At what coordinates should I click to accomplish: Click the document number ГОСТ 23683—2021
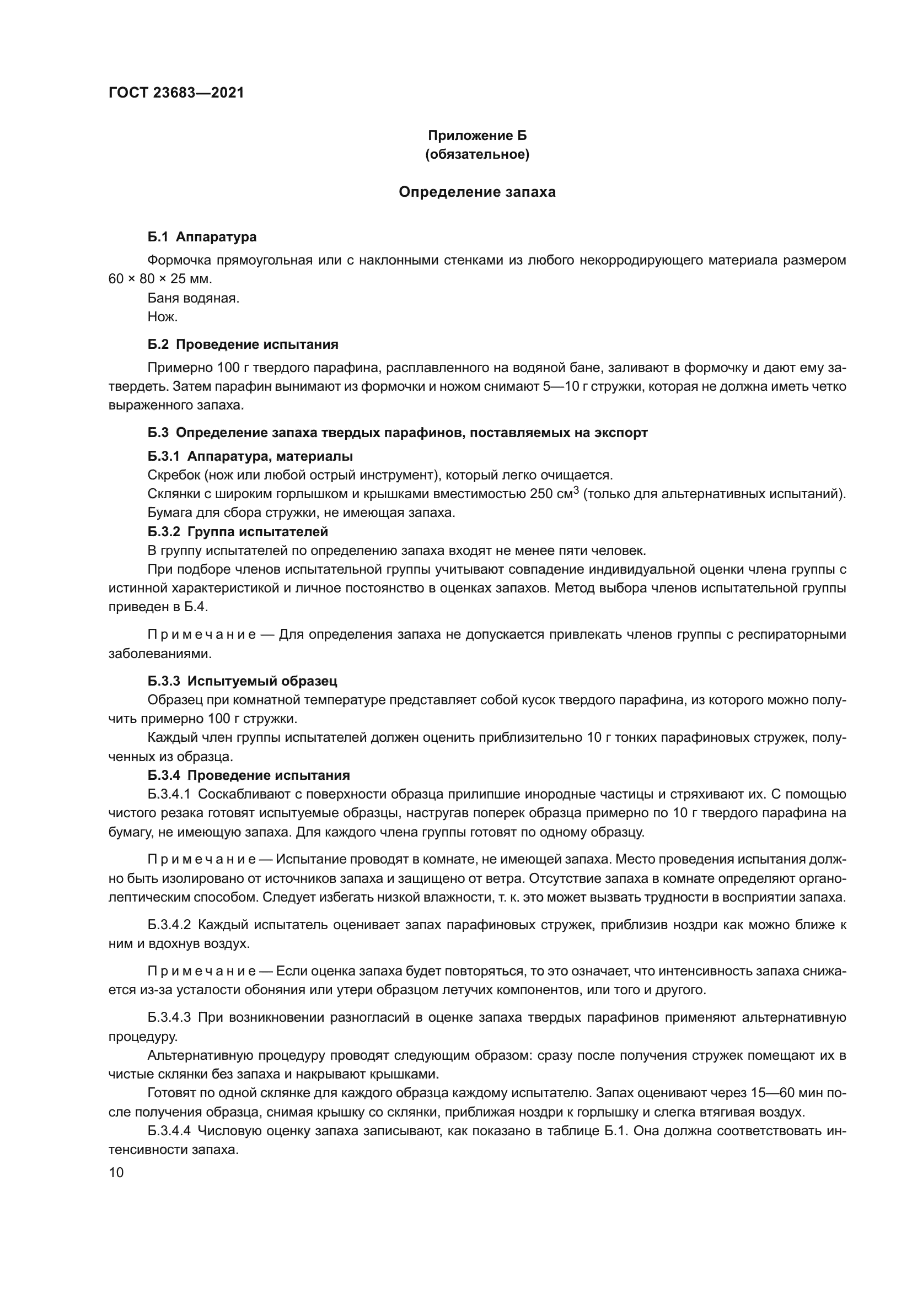176,93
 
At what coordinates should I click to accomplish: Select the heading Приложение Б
477,136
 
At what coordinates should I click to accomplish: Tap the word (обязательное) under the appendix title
477,154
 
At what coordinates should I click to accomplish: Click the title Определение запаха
477,192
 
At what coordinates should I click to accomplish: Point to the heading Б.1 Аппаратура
202,237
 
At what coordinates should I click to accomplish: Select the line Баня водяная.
193,298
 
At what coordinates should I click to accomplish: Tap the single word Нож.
162,317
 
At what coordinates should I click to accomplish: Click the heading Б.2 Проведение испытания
243,344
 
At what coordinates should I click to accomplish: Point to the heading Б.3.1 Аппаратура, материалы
250,456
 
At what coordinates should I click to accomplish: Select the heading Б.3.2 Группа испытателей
238,531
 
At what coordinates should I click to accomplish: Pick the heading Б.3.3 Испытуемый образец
242,682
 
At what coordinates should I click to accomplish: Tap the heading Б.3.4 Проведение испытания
248,775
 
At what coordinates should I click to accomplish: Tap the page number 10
116,1172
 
